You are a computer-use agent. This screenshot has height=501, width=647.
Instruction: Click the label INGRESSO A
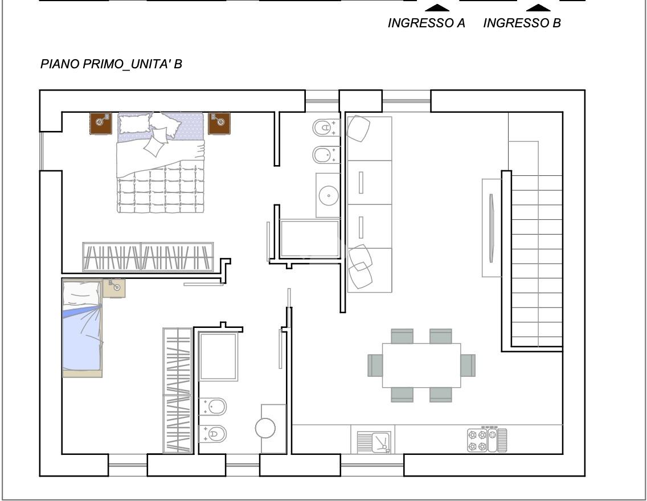[426, 23]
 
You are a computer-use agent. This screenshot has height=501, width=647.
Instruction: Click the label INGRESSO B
[522, 23]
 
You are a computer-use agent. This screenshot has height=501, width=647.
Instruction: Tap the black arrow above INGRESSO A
[437, 8]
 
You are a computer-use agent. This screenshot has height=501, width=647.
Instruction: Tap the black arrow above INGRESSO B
[538, 8]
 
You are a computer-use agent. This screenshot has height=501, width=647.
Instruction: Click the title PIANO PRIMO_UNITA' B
[111, 64]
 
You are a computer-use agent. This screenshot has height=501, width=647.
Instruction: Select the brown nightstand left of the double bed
[101, 124]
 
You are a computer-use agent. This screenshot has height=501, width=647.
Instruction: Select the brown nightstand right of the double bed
[219, 124]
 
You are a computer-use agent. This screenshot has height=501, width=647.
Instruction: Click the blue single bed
[82, 328]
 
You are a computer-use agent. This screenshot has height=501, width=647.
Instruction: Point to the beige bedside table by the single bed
[114, 288]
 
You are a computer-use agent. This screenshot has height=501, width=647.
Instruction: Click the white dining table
[421, 366]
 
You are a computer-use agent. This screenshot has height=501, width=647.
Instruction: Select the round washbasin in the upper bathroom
[329, 195]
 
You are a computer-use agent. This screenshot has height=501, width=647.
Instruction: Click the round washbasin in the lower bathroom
[265, 428]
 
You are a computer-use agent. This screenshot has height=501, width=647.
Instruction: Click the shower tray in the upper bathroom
[310, 239]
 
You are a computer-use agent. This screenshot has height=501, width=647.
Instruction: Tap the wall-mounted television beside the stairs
[491, 228]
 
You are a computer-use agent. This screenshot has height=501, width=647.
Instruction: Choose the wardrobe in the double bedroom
[148, 257]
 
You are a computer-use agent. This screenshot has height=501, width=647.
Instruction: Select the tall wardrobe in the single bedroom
[178, 391]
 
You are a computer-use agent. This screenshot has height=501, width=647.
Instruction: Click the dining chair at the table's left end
[375, 366]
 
